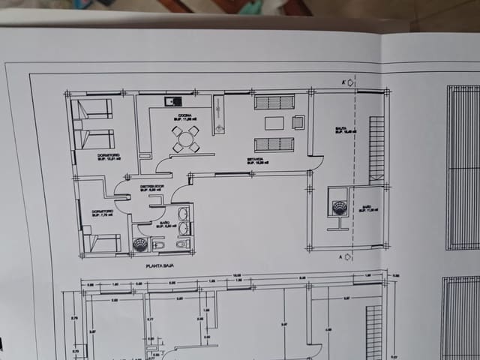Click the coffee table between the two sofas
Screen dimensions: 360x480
click(x=274, y=123)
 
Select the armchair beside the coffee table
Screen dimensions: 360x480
click(x=298, y=122)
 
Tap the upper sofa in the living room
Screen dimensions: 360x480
click(x=274, y=102)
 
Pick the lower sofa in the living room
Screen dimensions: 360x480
click(x=274, y=144)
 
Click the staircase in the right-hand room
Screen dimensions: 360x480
click(x=376, y=150)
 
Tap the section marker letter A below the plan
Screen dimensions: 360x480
click(x=341, y=257)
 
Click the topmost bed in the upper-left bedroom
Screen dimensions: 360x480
click(x=94, y=109)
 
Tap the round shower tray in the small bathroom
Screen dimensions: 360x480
click(x=141, y=244)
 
